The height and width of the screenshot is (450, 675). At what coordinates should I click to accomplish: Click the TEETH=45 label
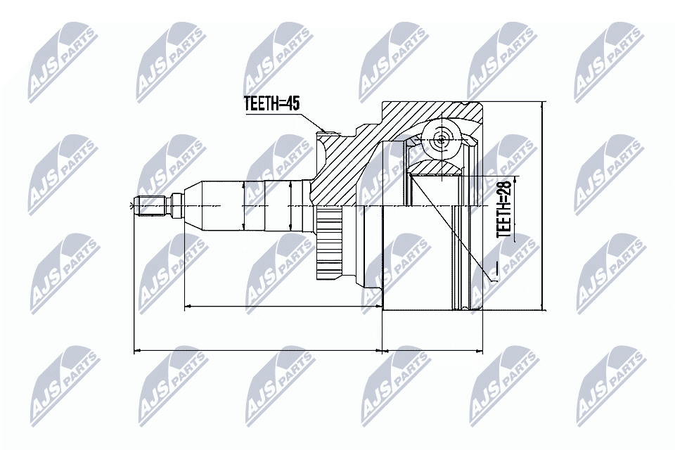(271, 103)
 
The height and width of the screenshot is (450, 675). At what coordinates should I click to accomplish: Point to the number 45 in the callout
(292, 103)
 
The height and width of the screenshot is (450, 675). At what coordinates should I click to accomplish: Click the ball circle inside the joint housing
(441, 139)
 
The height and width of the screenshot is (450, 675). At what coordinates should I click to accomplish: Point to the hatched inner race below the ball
(435, 168)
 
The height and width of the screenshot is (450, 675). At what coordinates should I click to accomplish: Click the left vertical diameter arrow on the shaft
(243, 205)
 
